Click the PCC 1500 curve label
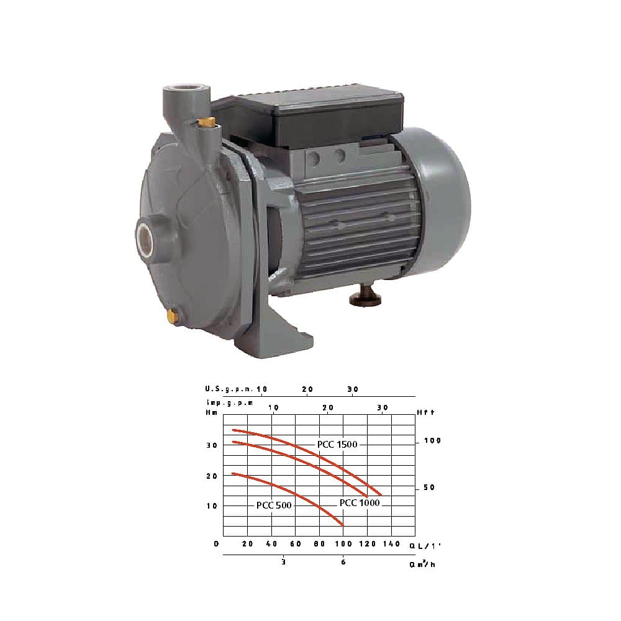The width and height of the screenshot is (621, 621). click(x=337, y=444)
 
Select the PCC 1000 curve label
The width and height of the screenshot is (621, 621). click(x=359, y=502)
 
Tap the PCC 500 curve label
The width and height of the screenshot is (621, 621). click(x=274, y=505)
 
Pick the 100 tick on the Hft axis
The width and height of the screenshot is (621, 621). click(x=432, y=441)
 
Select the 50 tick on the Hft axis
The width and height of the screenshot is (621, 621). click(x=429, y=487)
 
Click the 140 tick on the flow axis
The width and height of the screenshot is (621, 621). click(x=391, y=544)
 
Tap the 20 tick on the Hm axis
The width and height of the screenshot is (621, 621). click(x=212, y=476)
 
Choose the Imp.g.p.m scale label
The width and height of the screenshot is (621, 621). click(x=230, y=402)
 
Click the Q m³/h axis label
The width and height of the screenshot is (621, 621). click(x=422, y=565)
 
